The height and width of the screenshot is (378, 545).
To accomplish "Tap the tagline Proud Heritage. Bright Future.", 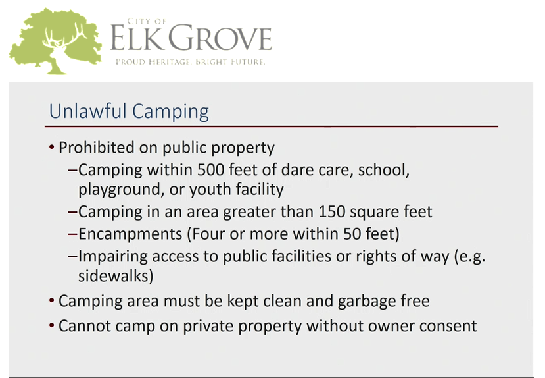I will click(191, 61).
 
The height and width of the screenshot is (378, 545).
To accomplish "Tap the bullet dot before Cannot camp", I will click(52, 325).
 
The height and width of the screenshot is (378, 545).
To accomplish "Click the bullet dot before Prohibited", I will click(52, 147).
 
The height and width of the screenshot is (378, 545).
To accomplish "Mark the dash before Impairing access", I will click(72, 256).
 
